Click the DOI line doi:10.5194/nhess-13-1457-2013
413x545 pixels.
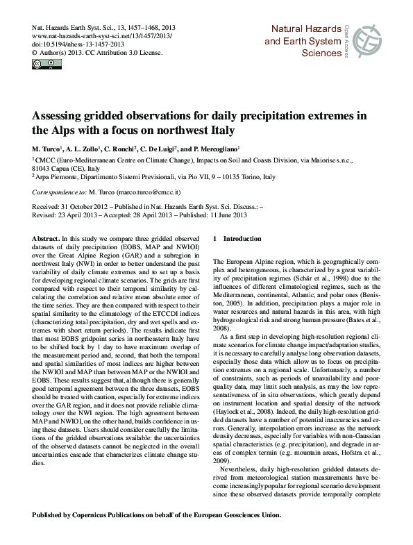tap(81, 42)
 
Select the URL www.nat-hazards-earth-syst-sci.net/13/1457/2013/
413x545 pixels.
tap(103, 34)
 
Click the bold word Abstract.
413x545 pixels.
tap(46, 238)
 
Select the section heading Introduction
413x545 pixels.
tap(242, 238)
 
